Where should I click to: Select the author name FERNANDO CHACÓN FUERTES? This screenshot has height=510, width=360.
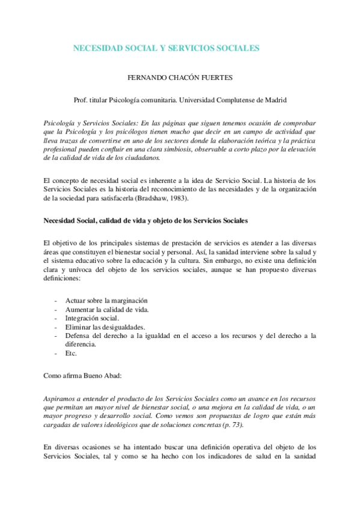tap(180, 78)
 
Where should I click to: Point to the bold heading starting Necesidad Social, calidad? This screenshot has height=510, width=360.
tap(145, 220)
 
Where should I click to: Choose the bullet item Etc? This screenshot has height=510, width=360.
tap(71, 353)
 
